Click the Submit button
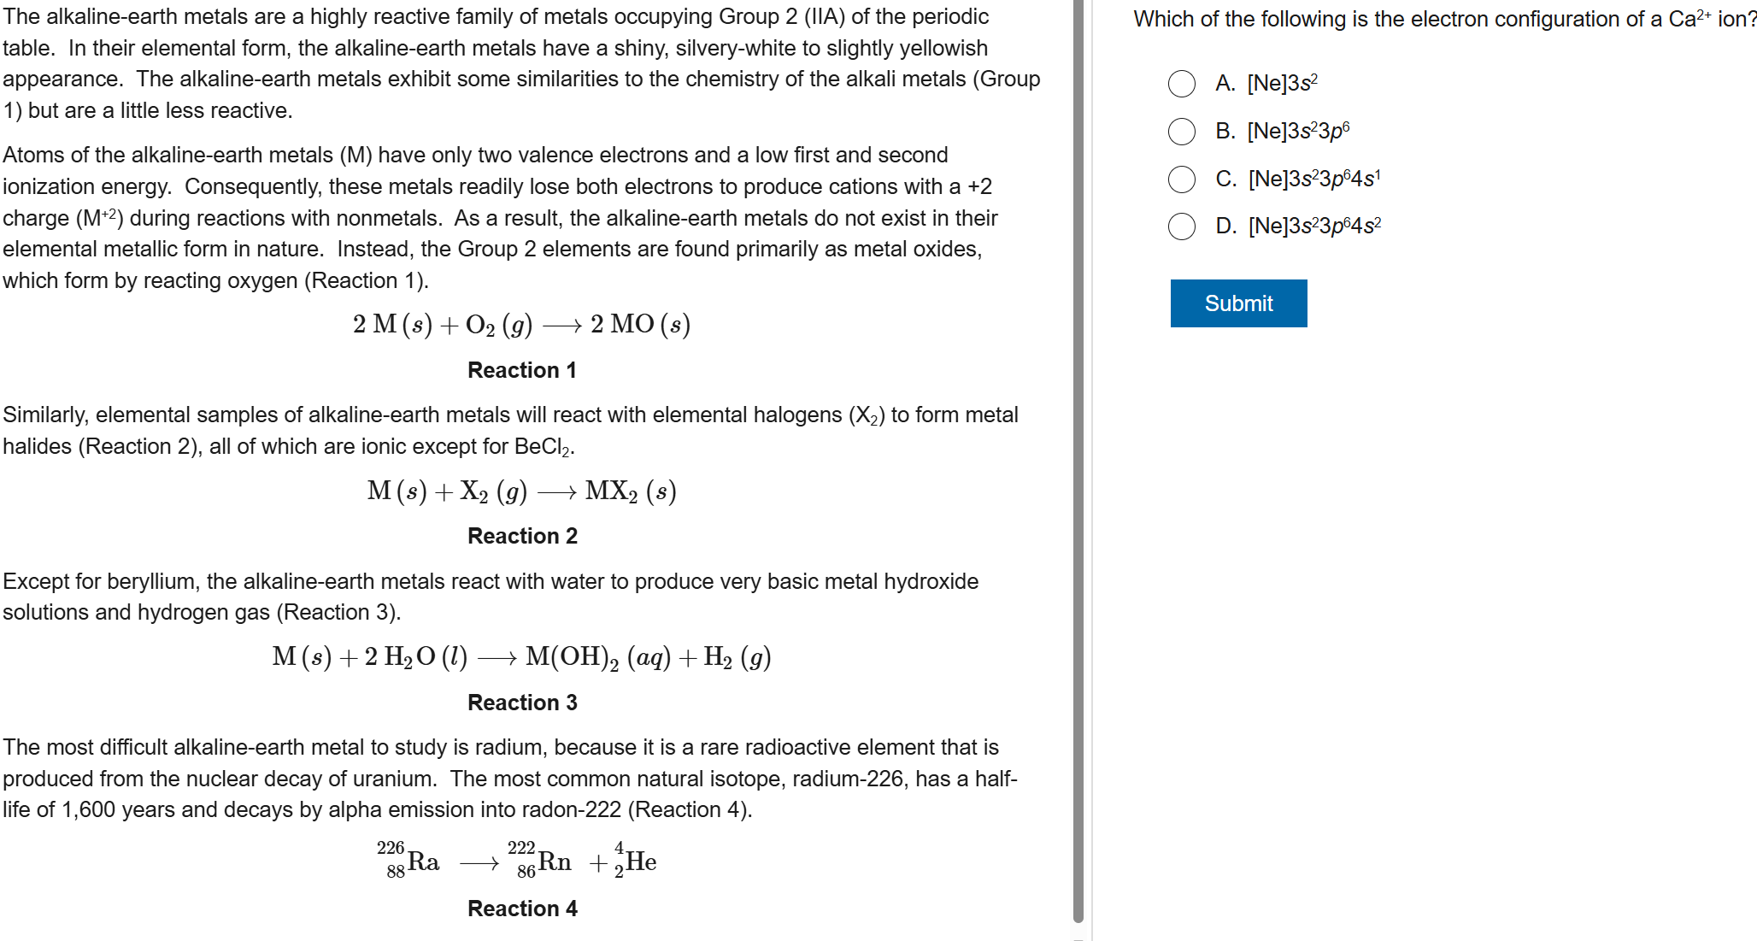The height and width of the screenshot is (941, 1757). (x=1238, y=303)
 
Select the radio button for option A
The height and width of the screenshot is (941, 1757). (x=1182, y=84)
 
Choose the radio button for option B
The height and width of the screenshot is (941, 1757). (x=1182, y=132)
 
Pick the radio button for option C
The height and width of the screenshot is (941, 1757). (x=1182, y=179)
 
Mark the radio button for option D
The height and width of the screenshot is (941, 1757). (x=1182, y=226)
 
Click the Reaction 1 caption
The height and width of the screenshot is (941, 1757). (x=521, y=370)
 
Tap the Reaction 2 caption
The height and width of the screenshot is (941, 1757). (x=522, y=536)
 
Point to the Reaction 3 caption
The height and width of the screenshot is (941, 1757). (x=522, y=703)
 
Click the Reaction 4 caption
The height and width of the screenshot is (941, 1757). (x=522, y=909)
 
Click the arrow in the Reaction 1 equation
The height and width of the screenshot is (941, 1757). (x=561, y=326)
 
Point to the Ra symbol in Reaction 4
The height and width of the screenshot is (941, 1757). (x=423, y=862)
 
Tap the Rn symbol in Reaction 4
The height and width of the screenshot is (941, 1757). (x=555, y=862)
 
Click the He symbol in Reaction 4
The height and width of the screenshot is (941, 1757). (x=641, y=862)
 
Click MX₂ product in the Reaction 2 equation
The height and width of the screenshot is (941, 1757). (x=611, y=491)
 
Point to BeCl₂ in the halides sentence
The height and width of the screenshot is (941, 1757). (x=543, y=447)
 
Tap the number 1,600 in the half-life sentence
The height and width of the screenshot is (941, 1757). (x=88, y=810)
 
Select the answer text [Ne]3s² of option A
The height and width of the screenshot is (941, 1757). (x=1282, y=84)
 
